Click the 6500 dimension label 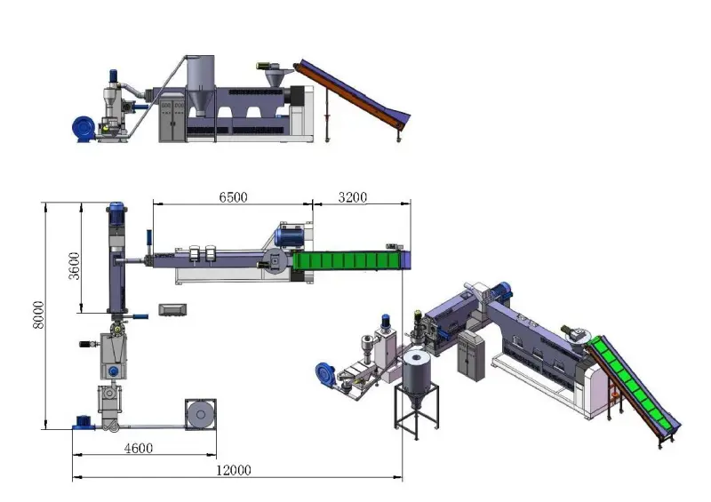point(233,197)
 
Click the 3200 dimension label point(352,197)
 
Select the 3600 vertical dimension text point(74,266)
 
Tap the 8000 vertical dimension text point(38,315)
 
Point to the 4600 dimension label point(139,448)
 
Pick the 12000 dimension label point(233,470)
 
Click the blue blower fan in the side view point(84,129)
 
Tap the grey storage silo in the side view point(200,84)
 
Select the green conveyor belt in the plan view point(347,260)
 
